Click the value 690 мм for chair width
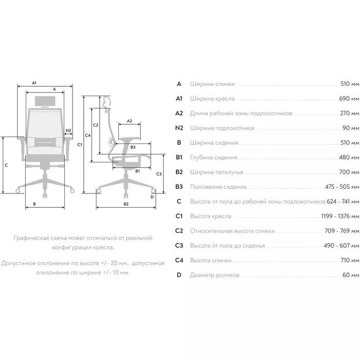click(x=349, y=98)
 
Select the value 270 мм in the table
click(x=349, y=113)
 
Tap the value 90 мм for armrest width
click(x=351, y=128)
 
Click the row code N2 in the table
click(x=179, y=128)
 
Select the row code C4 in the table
click(x=179, y=261)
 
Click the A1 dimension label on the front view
click(x=34, y=82)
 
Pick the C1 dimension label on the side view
click(x=80, y=146)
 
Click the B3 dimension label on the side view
click(x=133, y=147)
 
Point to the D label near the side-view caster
click(x=152, y=196)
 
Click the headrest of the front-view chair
click(x=44, y=100)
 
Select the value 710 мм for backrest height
click(x=349, y=261)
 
